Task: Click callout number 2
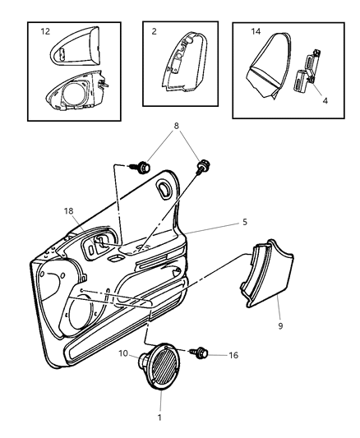(x=153, y=33)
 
